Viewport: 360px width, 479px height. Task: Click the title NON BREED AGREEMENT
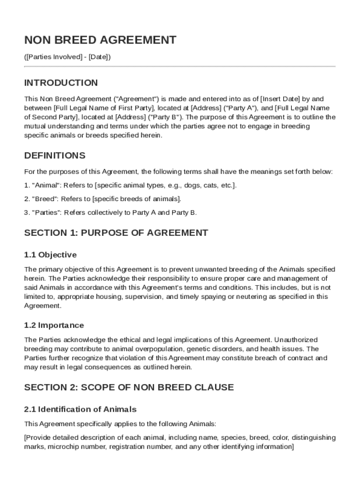coord(100,40)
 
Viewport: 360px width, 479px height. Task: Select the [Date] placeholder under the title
coord(98,57)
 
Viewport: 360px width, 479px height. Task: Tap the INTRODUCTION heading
coord(61,83)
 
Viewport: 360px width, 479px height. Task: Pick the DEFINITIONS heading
coord(55,155)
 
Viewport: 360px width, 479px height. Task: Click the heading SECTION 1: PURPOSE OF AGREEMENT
coord(116,233)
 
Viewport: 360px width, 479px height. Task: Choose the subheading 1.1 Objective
coord(50,255)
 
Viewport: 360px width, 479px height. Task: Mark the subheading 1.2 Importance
coord(54,325)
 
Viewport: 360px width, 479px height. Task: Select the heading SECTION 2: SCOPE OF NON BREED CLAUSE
coord(129,387)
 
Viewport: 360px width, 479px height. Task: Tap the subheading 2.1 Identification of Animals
coord(80,409)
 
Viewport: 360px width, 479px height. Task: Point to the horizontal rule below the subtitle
coord(180,66)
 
